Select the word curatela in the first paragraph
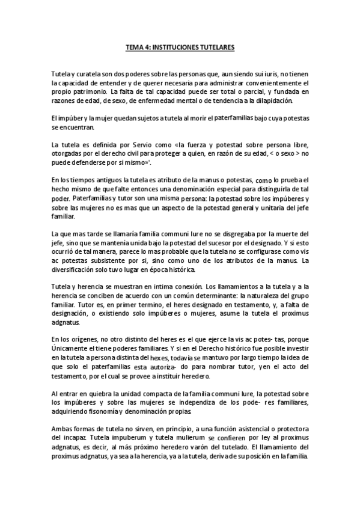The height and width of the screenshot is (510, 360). click(90, 73)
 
